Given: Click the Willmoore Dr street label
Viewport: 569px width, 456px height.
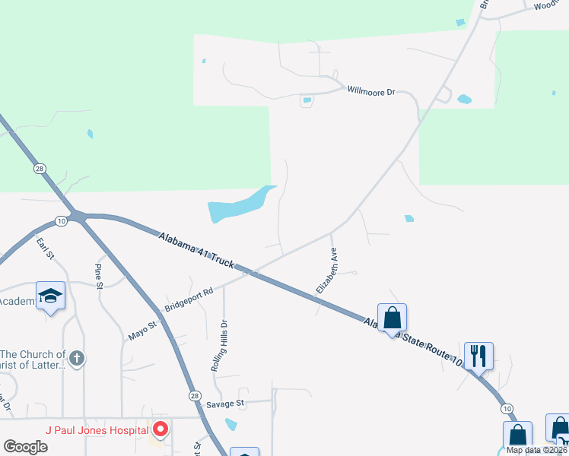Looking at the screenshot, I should [371, 91].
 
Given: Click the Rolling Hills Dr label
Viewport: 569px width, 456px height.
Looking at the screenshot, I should [220, 344].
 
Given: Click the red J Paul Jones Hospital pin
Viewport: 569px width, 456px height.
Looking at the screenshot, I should [160, 430].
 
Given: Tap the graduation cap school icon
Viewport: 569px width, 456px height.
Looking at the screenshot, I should [50, 296].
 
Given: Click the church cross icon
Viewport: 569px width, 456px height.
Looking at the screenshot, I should [76, 358].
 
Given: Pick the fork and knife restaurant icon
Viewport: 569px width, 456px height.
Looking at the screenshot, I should [478, 355].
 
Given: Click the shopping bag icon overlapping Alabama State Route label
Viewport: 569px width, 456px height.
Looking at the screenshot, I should [392, 317].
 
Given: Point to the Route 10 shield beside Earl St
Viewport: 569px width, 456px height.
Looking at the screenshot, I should [61, 221].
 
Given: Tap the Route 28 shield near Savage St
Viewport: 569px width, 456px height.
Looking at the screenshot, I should [195, 397].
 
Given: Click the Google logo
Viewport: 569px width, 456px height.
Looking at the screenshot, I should [25, 447].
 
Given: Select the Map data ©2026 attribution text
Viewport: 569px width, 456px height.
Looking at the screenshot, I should [536, 450].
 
